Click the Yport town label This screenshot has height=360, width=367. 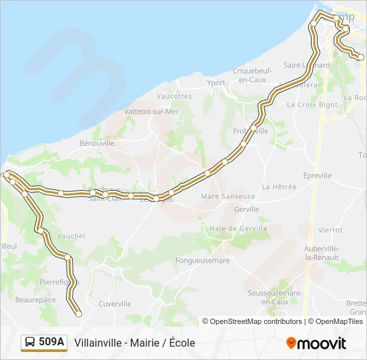pos(216,83)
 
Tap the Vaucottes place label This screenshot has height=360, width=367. pos(176,96)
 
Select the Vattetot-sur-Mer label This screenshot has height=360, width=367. pos(151,111)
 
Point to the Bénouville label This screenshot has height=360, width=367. pos(97,143)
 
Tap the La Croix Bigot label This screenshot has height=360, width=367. pos(312,105)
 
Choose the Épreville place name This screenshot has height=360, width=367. pos(317,175)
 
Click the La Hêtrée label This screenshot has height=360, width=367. pos(279,187)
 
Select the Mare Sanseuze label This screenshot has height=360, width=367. pos(228,197)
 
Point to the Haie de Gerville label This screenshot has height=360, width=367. pos(238,228)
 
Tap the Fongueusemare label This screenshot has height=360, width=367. pos(202,260)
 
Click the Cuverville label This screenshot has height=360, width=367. pos(115,303)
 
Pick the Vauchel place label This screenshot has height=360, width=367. pos(71,236)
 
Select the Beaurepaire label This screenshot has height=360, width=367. pos(35,300)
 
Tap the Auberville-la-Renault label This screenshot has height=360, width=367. pos(322,253)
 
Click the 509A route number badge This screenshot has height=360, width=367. pos(44,343)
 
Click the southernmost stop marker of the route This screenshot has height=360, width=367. pos(78,313)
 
